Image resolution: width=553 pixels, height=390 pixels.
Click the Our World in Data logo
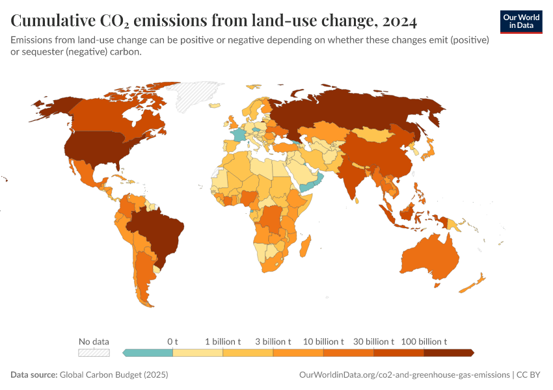pyautogui.click(x=520, y=21)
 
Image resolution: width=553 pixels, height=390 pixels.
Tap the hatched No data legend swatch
pyautogui.click(x=94, y=353)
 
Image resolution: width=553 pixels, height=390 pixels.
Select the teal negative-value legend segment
pyautogui.click(x=148, y=353)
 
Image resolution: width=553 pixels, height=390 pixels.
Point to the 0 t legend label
pyautogui.click(x=172, y=341)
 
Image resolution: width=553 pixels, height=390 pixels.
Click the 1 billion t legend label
pyautogui.click(x=223, y=341)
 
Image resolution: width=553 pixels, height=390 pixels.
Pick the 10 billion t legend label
pyautogui.click(x=323, y=341)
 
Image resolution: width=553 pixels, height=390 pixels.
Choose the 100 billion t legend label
pyautogui.click(x=424, y=341)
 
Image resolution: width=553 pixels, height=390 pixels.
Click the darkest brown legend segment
pyautogui.click(x=448, y=353)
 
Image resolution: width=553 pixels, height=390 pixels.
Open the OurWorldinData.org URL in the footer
pyautogui.click(x=403, y=375)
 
